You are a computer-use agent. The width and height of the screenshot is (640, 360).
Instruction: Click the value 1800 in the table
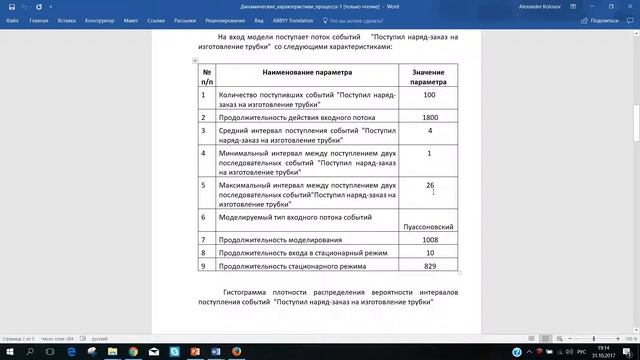click(429, 117)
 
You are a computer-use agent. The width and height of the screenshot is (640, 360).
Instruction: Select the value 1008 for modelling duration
click(429, 240)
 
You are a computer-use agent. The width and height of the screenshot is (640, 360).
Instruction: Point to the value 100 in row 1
click(429, 95)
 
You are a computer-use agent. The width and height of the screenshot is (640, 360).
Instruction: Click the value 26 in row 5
click(429, 186)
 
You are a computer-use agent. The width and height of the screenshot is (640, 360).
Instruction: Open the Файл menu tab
click(11, 19)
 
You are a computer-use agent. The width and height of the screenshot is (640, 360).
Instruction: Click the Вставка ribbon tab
click(67, 19)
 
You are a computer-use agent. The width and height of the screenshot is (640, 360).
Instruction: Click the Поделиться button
click(603, 19)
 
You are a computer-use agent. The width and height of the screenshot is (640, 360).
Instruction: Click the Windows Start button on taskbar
click(8, 352)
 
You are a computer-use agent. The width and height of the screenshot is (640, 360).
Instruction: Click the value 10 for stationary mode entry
click(429, 253)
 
